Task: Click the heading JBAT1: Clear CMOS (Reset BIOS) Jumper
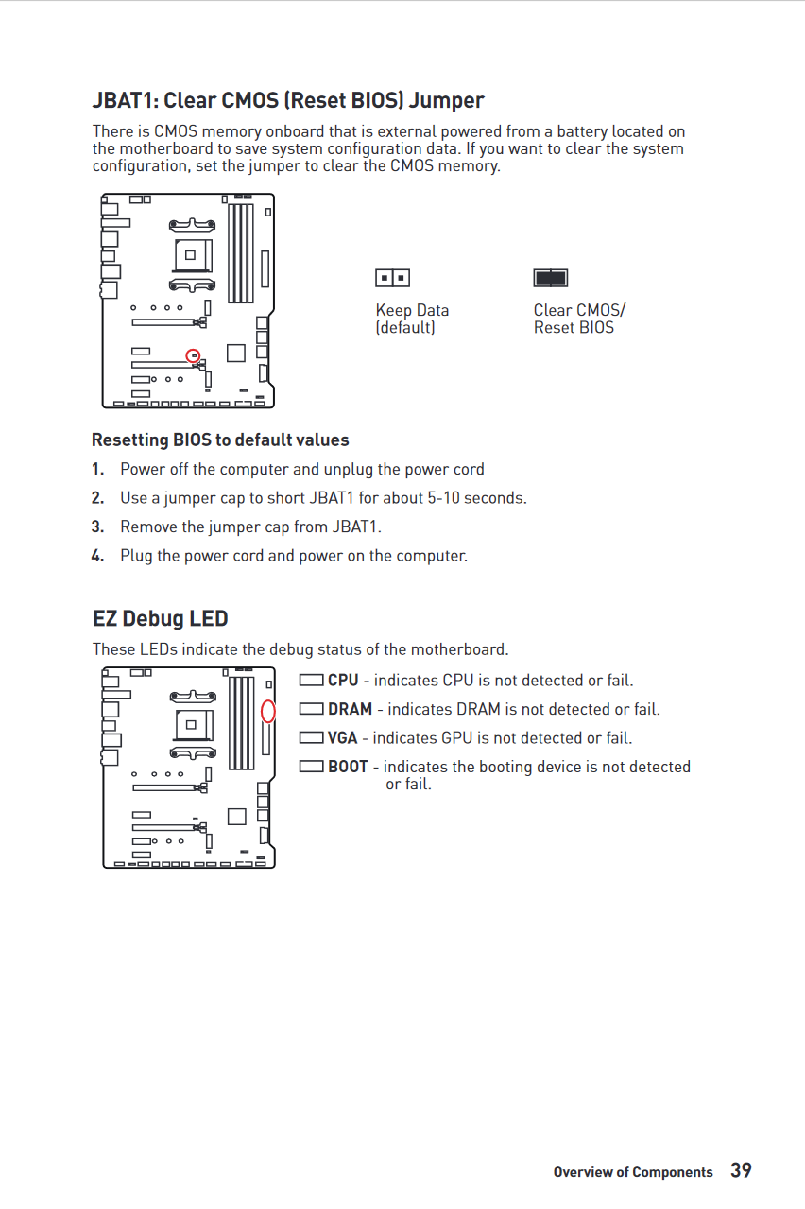coord(288,100)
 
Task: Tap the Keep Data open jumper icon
coord(392,278)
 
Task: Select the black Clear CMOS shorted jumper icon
coord(551,278)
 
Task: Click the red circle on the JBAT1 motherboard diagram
coord(194,355)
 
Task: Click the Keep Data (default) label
coord(412,319)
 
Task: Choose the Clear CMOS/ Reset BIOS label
coord(578,319)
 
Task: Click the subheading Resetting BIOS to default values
coord(220,440)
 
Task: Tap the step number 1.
coord(98,470)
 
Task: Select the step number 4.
coord(98,556)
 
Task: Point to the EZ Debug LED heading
coord(161,619)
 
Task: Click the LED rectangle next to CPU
coord(311,681)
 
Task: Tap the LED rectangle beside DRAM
coord(311,709)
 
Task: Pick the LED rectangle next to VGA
coord(311,738)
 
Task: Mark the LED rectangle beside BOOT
coord(311,767)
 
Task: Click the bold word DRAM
coord(350,709)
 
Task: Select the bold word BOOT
coord(348,767)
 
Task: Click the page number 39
coord(741,1170)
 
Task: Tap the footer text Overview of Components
coord(633,1172)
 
